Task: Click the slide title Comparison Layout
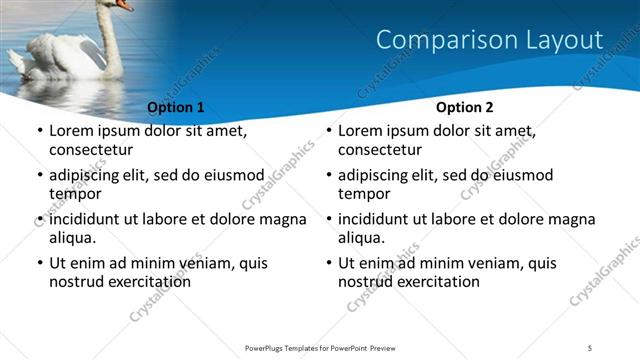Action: [x=489, y=41]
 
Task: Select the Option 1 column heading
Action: [x=175, y=107]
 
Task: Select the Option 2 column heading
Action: [x=465, y=107]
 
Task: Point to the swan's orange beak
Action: [x=124, y=5]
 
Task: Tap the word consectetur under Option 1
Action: [x=91, y=150]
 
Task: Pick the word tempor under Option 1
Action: [x=72, y=194]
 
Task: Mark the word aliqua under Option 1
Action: [x=72, y=238]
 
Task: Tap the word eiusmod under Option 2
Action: [x=522, y=176]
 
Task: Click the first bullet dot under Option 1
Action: [x=39, y=132]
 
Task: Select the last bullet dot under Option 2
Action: [x=328, y=264]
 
